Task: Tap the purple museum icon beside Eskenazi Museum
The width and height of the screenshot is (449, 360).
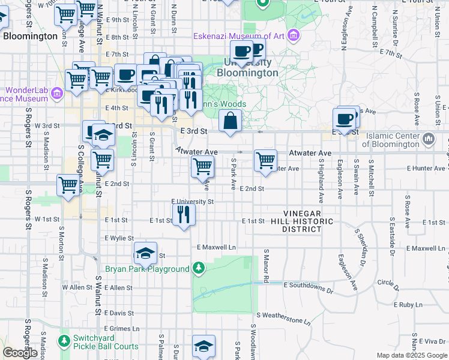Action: [x=293, y=36]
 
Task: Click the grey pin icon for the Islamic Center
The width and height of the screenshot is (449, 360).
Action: [x=428, y=139]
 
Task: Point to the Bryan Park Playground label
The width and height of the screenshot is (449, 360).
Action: [x=147, y=269]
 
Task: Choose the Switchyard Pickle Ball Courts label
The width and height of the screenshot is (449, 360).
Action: [x=106, y=342]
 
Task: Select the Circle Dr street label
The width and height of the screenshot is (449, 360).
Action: [x=387, y=282]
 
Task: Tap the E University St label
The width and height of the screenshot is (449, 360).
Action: [x=193, y=202]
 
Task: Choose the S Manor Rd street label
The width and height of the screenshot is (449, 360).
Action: [x=264, y=268]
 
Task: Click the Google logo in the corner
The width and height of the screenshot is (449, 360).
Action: [x=20, y=353]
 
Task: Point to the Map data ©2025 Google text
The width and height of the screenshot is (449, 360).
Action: [x=412, y=355]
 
